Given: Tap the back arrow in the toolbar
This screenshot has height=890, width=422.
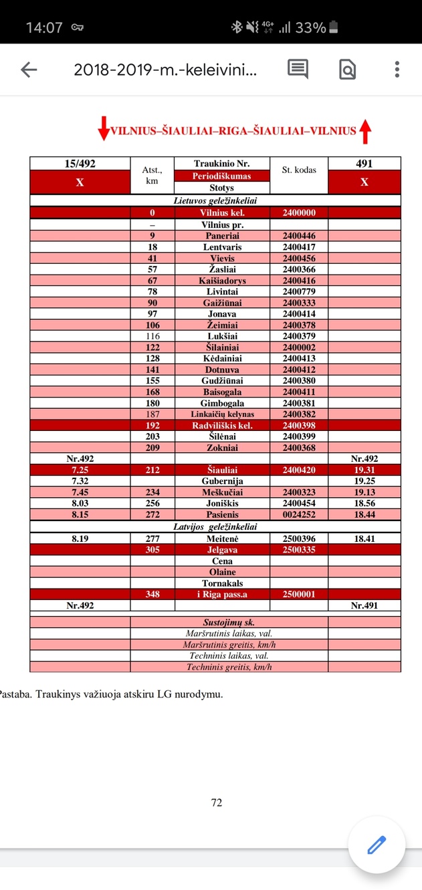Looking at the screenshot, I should pos(28,69).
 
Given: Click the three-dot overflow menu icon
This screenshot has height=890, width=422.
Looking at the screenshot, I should pos(397,69).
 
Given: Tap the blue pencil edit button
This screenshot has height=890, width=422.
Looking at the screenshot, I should pos(377,845).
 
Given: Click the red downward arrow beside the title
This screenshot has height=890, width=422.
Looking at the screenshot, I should pos(103,129).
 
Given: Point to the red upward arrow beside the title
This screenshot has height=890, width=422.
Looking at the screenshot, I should pos(365,131).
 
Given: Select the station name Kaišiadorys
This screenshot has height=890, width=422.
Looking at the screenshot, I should pos(222,281).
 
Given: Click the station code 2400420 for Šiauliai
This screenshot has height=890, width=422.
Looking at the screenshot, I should pos(299,470).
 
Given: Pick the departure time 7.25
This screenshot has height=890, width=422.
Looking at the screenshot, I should pos(80,470).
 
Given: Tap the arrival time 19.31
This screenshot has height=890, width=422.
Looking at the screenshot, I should pos(364,470).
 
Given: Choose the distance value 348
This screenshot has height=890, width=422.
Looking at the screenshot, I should pos(152,594).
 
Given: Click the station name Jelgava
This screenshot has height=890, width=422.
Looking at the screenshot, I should pos(222,549).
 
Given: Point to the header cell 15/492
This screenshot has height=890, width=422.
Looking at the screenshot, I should pos(80,164).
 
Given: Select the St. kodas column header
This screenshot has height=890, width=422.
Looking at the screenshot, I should pos(299,170).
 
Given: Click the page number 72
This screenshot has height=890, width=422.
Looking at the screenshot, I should pos(216,802).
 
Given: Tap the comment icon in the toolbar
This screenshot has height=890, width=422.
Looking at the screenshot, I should pos(298,69).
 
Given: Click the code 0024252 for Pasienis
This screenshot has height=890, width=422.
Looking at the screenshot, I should pos(299,515).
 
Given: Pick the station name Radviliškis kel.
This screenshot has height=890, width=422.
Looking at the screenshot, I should pos(222,425).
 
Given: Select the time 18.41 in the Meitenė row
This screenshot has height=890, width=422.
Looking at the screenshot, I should pos(364,538).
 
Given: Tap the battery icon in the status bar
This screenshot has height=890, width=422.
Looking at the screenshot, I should pos(334,27).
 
